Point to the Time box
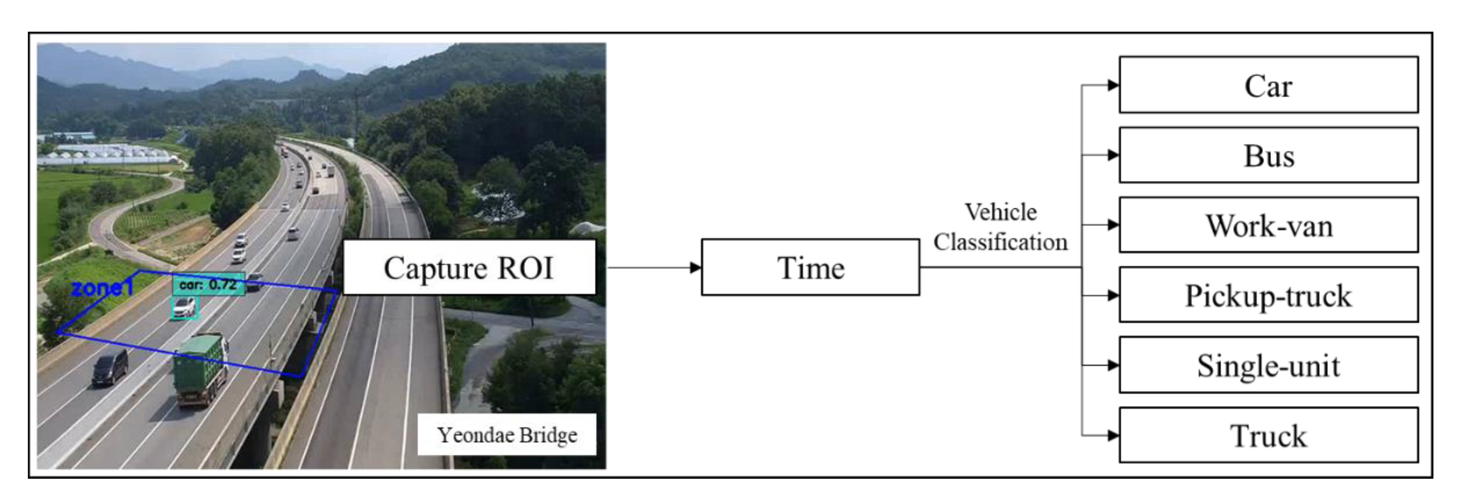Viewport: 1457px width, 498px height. (810, 267)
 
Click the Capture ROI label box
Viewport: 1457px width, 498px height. (469, 267)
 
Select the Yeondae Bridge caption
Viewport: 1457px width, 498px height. (507, 435)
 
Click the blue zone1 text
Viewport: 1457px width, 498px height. (102, 288)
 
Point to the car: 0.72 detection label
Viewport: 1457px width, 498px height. (208, 284)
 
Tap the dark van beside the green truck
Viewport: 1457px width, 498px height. (110, 367)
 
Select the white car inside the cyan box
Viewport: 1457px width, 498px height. (184, 307)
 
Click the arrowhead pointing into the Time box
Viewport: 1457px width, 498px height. (695, 267)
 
